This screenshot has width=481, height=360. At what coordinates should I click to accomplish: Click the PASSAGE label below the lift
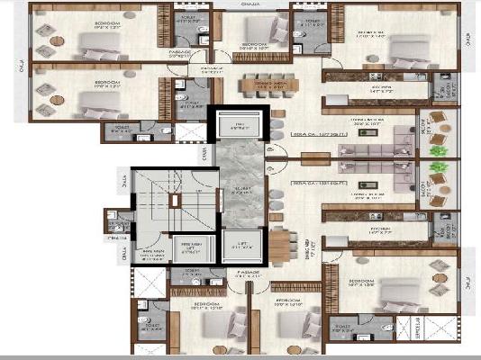[250, 271]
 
